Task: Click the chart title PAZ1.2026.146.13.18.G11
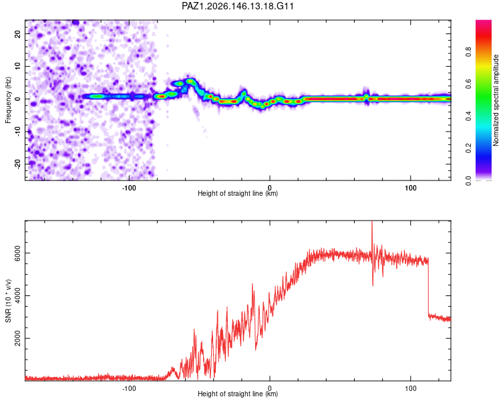237,6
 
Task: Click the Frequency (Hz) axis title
8,100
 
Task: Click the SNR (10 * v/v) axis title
8,301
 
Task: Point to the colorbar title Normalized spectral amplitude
496,100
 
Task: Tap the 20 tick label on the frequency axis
17,33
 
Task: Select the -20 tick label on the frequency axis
17,164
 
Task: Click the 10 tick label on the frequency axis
17,66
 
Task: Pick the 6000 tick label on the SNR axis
17,253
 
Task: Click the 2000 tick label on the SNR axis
17,338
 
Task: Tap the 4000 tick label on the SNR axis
17,295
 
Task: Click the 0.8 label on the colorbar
468,52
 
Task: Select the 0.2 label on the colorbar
468,148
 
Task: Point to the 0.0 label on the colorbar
468,180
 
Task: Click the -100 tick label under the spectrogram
129,188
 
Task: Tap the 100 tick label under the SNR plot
411,388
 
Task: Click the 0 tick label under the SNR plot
270,388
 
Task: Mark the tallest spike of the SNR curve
372,222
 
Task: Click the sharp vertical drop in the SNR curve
428,286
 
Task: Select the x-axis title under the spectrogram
238,193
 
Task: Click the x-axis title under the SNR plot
238,394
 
